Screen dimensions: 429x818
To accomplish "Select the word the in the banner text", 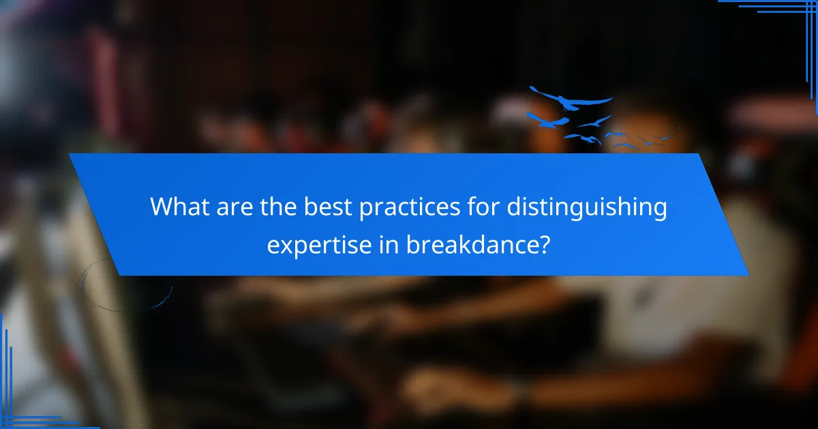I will pyautogui.click(x=267, y=206).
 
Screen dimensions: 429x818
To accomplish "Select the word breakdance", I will pyautogui.click(x=470, y=244).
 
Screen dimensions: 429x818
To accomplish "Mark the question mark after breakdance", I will pyautogui.click(x=545, y=244).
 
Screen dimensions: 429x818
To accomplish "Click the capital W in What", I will pyautogui.click(x=161, y=206).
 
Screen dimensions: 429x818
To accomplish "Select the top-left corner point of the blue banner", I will pyautogui.click(x=70, y=154).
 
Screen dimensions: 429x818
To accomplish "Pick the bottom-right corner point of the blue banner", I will pyautogui.click(x=748, y=275).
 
